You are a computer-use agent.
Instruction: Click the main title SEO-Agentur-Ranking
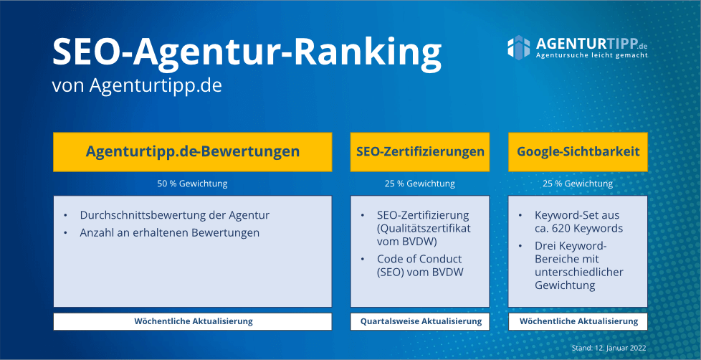click(x=246, y=52)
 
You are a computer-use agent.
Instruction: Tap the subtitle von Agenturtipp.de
click(x=137, y=85)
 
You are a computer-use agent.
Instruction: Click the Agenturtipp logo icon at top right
click(x=518, y=47)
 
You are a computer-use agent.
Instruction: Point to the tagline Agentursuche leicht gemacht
click(x=592, y=55)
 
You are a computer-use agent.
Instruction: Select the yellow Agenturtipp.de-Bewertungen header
click(x=192, y=151)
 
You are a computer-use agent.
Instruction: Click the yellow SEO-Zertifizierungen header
click(x=420, y=151)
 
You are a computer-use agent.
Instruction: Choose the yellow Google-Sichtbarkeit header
click(x=578, y=151)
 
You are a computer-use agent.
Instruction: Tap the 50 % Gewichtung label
click(x=192, y=184)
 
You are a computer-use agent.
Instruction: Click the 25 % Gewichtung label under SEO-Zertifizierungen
click(x=420, y=184)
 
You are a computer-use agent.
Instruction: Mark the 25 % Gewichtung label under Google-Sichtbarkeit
click(x=578, y=184)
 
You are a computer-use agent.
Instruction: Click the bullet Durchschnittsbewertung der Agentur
click(x=175, y=215)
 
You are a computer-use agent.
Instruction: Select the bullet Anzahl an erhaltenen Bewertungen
click(x=170, y=232)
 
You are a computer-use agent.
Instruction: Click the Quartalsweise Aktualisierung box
click(x=420, y=321)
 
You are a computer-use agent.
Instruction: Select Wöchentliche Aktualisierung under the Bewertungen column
click(x=193, y=321)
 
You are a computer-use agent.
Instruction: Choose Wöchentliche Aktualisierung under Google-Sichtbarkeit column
click(x=578, y=321)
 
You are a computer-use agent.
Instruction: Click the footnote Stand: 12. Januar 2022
click(x=609, y=348)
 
